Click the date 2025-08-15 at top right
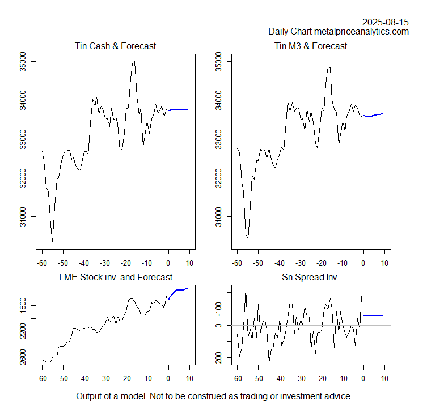point(386,22)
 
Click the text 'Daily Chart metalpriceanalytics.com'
point(339,32)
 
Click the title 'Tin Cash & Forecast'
point(115,46)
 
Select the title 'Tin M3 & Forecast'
point(311,46)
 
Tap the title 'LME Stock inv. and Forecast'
point(115,277)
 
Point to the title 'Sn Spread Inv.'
point(311,277)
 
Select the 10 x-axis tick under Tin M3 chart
point(385,263)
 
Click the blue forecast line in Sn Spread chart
point(374,315)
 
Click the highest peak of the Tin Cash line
point(134,62)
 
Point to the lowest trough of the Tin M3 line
point(248,239)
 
